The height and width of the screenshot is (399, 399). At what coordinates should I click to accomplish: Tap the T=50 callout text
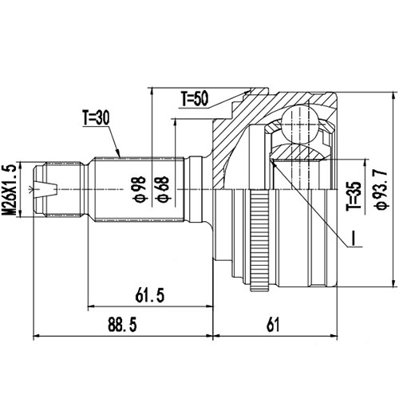[x=194, y=99]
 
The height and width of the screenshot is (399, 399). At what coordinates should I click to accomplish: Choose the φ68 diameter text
[x=162, y=190]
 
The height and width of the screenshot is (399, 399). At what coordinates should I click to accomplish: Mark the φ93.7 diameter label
[x=375, y=188]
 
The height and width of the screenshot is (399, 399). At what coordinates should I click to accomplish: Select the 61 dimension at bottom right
[x=273, y=326]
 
